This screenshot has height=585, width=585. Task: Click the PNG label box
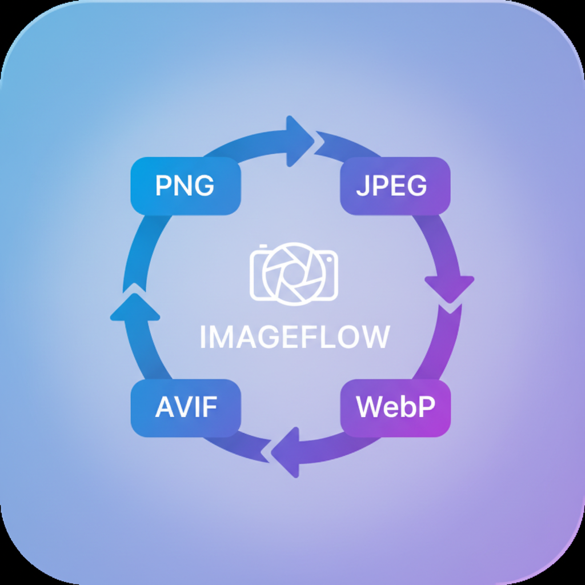coord(186,186)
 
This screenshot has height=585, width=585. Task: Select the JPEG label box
coord(395,186)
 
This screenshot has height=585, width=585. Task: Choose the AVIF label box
coord(186,408)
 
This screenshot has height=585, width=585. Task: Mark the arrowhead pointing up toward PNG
coord(135,307)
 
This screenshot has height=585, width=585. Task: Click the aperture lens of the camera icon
coord(294,273)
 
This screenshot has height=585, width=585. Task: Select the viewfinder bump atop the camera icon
coord(263,247)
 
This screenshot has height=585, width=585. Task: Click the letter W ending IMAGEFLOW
coord(375,337)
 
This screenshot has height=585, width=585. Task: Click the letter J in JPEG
coord(362,186)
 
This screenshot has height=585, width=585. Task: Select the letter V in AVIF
coord(183,408)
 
